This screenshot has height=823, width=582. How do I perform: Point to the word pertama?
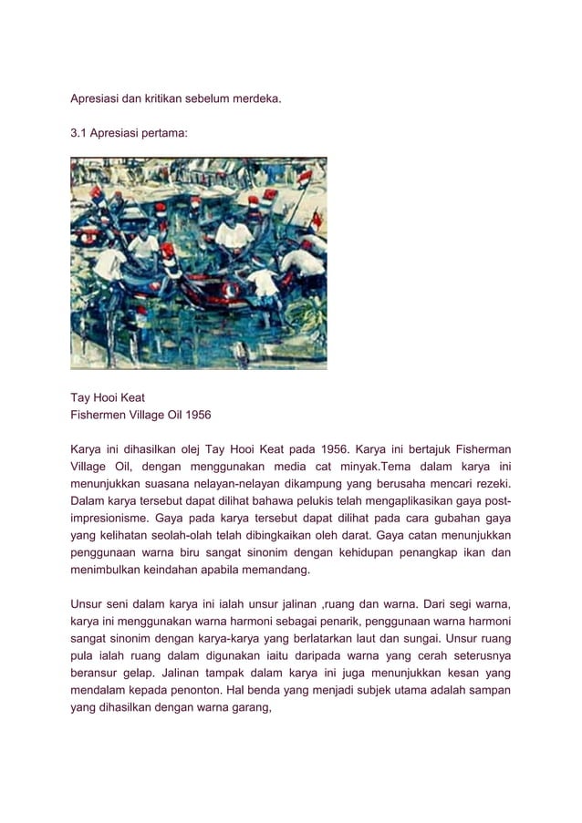tap(165, 133)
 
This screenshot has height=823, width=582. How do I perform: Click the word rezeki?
tap(489, 483)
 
